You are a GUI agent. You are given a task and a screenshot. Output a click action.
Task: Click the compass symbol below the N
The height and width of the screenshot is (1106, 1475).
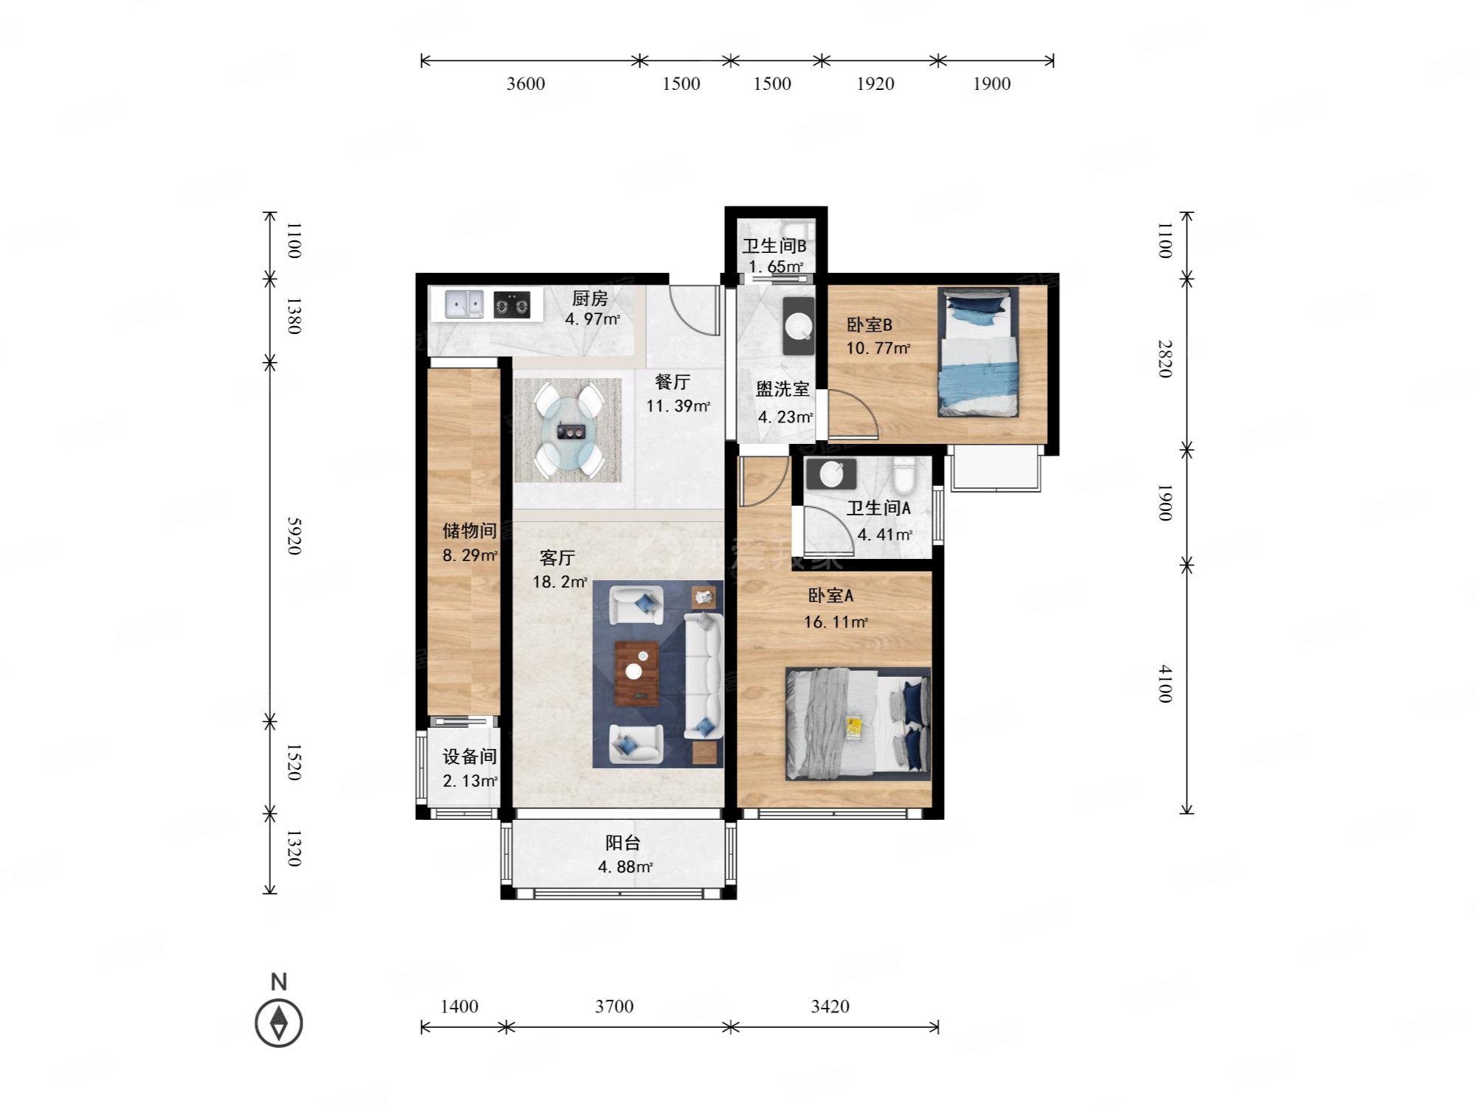click(x=279, y=1023)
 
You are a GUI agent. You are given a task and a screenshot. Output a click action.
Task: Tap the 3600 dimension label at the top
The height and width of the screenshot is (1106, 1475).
click(x=526, y=83)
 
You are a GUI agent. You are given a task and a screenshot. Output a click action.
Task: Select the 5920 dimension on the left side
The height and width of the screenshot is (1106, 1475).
click(x=294, y=536)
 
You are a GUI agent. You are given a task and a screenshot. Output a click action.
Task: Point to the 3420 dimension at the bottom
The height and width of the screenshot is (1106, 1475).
click(x=830, y=1006)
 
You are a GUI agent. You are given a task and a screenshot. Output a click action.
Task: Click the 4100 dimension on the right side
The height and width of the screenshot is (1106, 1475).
click(x=1164, y=684)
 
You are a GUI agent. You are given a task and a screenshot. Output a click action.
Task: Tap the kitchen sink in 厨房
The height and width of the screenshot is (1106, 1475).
click(x=464, y=304)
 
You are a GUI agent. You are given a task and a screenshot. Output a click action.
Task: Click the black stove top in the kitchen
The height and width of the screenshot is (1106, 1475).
click(x=512, y=305)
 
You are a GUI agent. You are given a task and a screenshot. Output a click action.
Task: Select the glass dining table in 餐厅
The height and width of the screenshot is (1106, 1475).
click(x=569, y=429)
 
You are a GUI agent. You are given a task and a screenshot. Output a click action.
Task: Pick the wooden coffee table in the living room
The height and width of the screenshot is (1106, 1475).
click(x=636, y=673)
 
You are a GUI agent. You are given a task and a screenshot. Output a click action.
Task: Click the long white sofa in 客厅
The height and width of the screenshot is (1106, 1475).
click(x=703, y=676)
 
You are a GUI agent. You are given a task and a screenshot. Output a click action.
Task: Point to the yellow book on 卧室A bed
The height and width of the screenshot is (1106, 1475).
click(x=855, y=726)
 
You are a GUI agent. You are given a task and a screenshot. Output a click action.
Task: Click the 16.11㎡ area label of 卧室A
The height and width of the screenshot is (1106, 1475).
click(x=836, y=622)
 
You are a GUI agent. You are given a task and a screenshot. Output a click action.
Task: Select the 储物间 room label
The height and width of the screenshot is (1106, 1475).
click(x=469, y=530)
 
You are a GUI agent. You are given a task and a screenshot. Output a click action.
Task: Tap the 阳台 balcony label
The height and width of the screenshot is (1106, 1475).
click(x=623, y=843)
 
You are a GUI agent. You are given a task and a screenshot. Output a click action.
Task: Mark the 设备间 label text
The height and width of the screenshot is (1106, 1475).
click(x=469, y=757)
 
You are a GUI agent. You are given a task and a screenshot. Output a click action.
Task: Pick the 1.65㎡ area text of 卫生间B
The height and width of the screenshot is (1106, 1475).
click(x=776, y=267)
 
